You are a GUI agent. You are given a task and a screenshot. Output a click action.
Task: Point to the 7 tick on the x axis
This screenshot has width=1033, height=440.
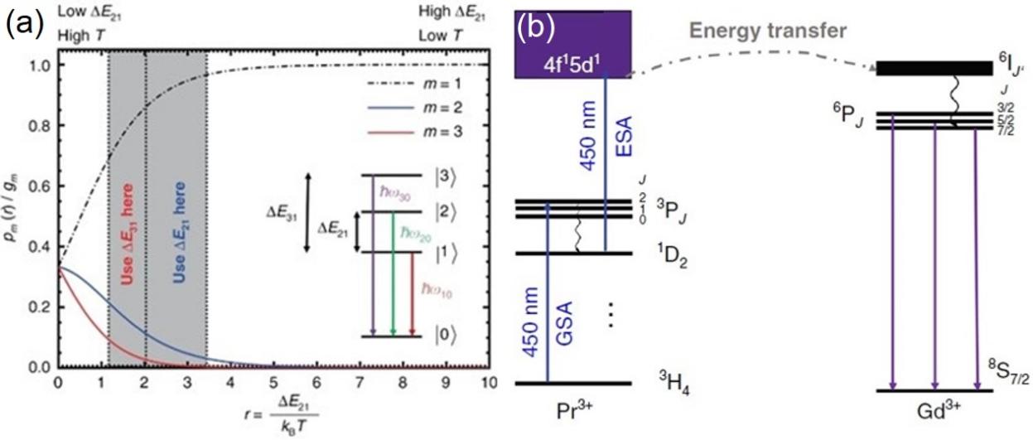point(360,384)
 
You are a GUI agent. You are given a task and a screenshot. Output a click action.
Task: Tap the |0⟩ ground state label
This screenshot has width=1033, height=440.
point(446,336)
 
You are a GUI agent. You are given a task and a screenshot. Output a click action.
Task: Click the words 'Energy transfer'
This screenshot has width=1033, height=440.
point(792,31)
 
